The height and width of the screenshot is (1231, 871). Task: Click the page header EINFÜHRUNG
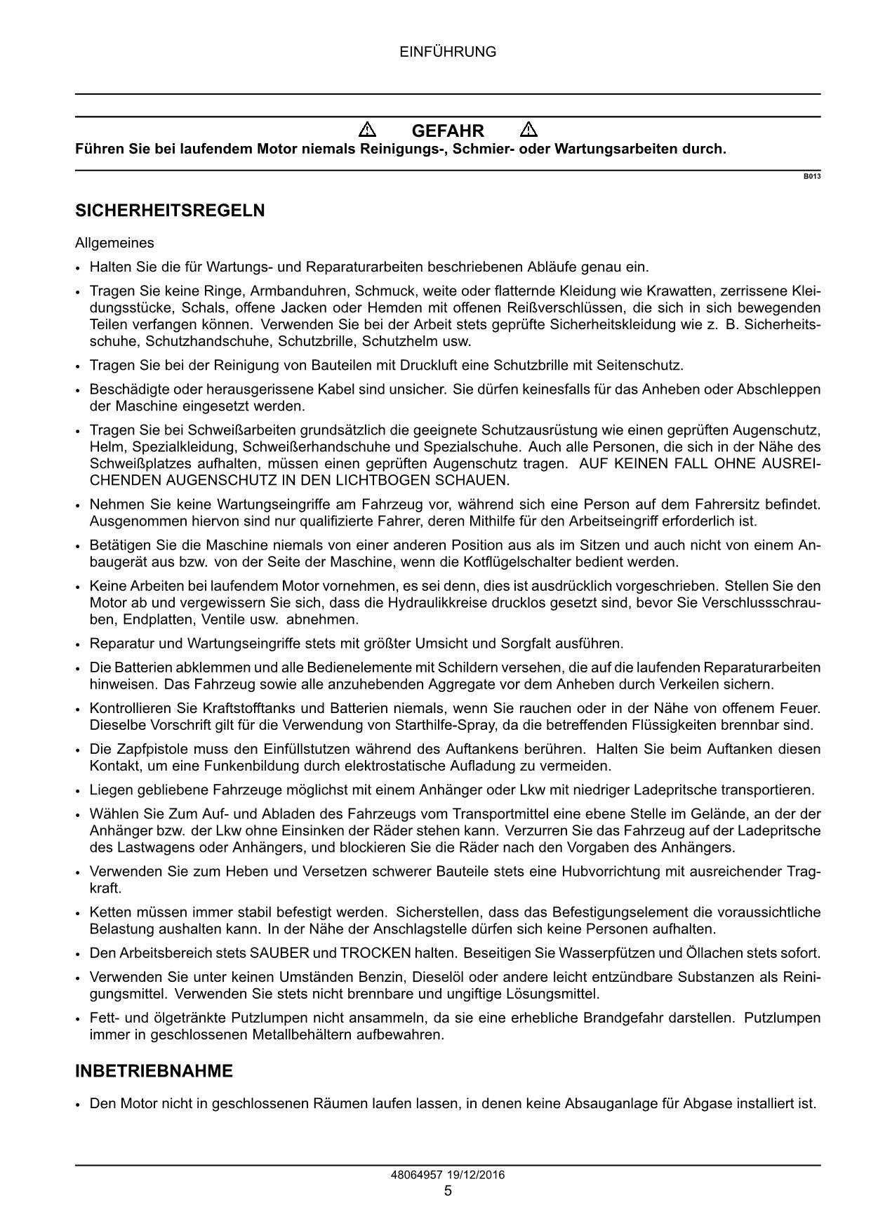[x=448, y=52]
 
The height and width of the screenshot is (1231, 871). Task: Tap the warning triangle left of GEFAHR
[x=367, y=130]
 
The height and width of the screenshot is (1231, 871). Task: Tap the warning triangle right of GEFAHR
[x=529, y=130]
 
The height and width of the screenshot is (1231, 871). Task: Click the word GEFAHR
[x=448, y=131]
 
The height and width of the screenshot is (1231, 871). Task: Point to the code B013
[x=812, y=176]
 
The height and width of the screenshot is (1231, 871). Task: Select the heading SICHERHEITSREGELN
[x=170, y=211]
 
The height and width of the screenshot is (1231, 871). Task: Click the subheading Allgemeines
[x=114, y=244]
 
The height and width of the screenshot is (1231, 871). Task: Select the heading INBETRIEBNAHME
[x=154, y=1072]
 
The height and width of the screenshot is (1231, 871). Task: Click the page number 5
[x=448, y=1190]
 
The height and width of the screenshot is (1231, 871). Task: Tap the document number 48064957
[x=416, y=1175]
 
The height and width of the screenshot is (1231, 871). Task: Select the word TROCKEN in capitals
[x=375, y=953]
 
